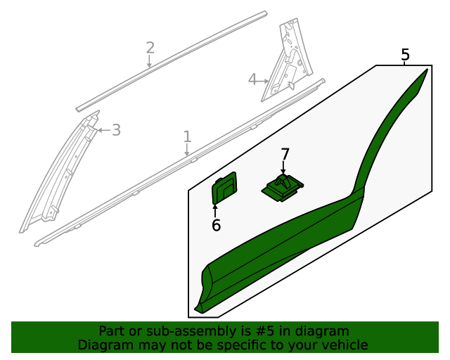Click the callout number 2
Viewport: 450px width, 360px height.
click(x=150, y=48)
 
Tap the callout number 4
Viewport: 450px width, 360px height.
click(x=252, y=79)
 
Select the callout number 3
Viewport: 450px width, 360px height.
click(x=116, y=130)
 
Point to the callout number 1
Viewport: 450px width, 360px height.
click(x=187, y=136)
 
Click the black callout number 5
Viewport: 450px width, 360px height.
click(x=405, y=55)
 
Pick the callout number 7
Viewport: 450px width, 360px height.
click(x=284, y=154)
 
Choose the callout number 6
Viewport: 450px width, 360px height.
click(x=216, y=225)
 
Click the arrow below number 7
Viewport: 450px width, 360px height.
click(x=283, y=167)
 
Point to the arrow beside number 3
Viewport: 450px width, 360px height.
click(x=104, y=130)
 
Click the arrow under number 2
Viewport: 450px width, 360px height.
click(x=149, y=61)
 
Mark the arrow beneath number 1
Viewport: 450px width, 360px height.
click(x=187, y=150)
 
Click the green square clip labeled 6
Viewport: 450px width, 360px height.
click(x=224, y=188)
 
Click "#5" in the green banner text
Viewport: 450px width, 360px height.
click(x=265, y=331)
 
